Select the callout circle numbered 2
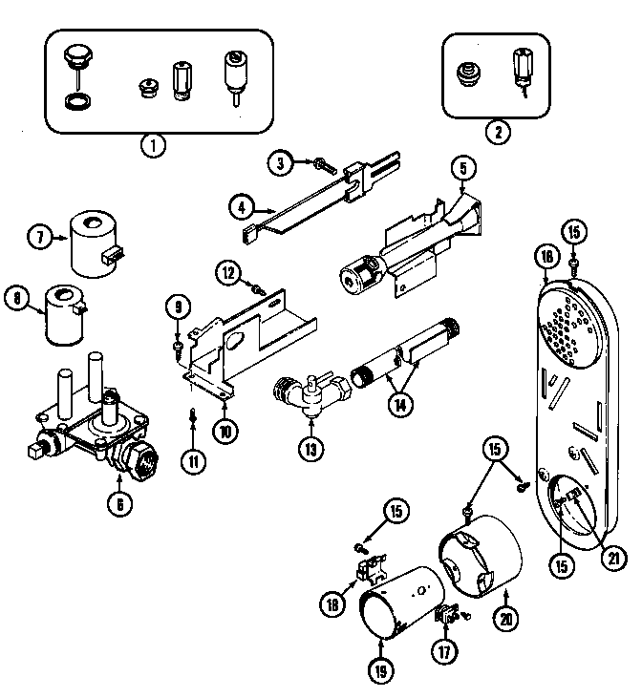[x=495, y=132]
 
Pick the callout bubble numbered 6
[x=118, y=507]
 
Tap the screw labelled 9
[x=178, y=345]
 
